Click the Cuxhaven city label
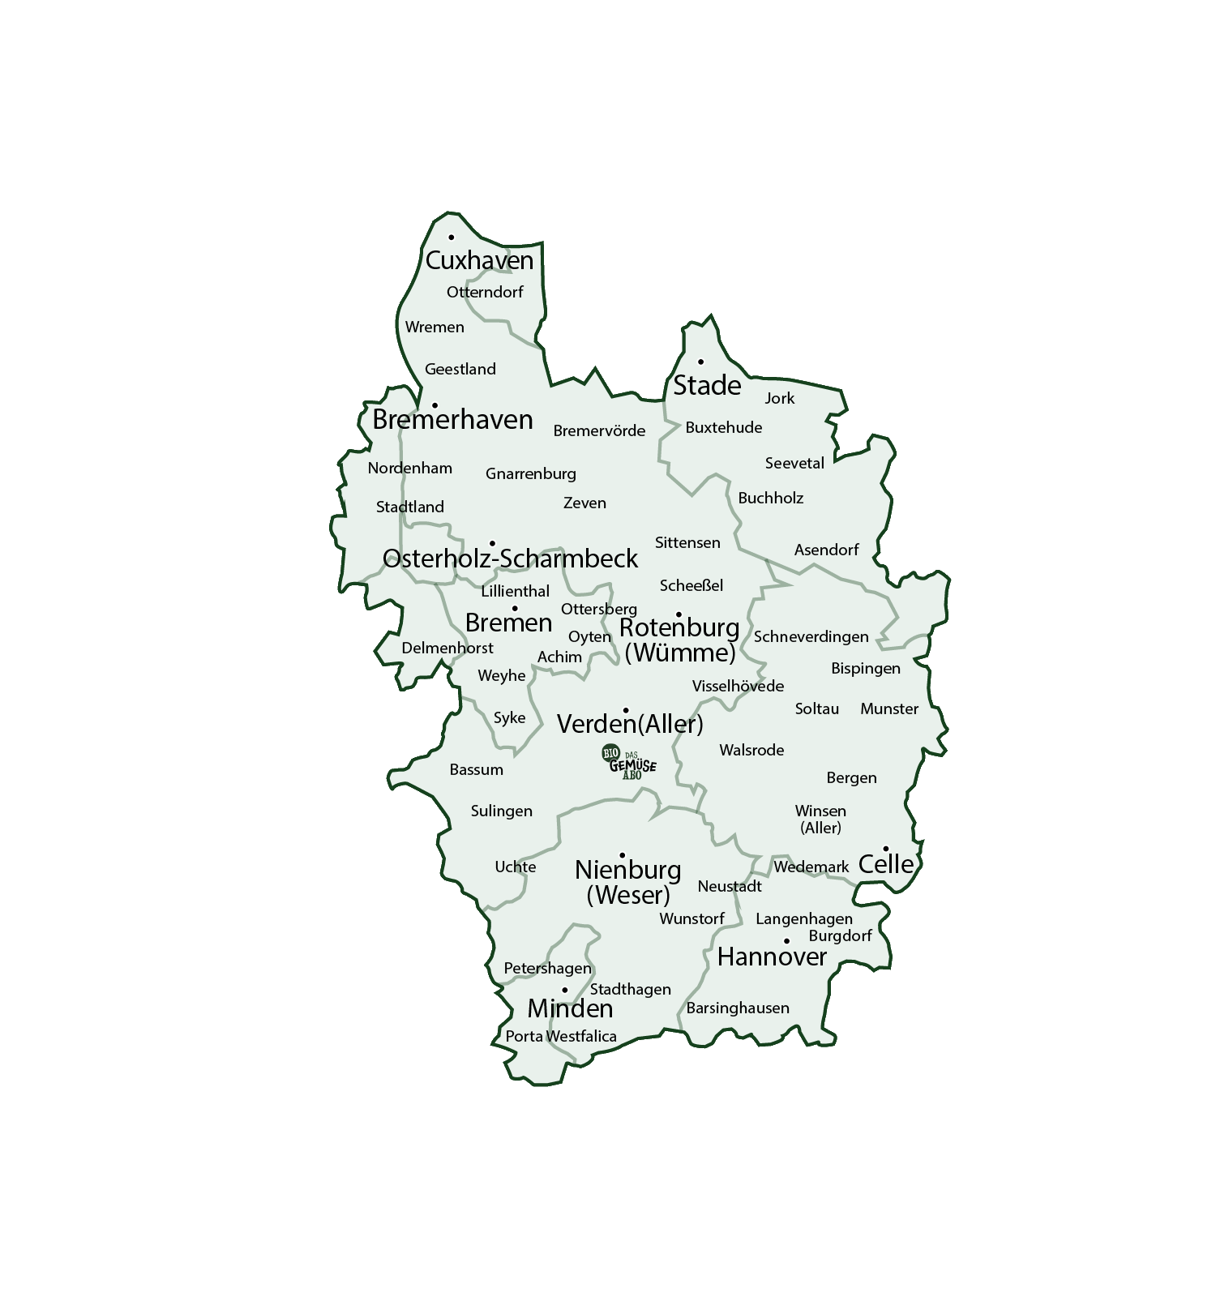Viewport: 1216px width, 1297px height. pyautogui.click(x=479, y=260)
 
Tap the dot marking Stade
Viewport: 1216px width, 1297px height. pyautogui.click(x=701, y=362)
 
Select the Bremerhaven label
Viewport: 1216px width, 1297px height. pyautogui.click(x=452, y=419)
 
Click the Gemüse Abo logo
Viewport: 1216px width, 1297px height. pyautogui.click(x=629, y=763)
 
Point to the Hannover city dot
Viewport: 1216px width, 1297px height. pyautogui.click(x=786, y=941)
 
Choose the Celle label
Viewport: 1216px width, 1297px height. pyautogui.click(x=886, y=864)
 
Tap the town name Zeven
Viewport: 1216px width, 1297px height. pyautogui.click(x=584, y=503)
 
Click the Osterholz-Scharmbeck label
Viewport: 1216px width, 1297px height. pyautogui.click(x=510, y=559)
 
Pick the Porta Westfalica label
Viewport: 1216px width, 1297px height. pyautogui.click(x=561, y=1036)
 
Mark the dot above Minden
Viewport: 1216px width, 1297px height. pyautogui.click(x=565, y=990)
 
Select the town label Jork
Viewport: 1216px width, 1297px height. pyautogui.click(x=780, y=398)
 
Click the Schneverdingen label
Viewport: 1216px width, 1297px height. pyautogui.click(x=811, y=636)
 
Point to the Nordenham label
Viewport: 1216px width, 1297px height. pyautogui.click(x=409, y=468)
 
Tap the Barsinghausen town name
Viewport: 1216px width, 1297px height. pyautogui.click(x=738, y=1008)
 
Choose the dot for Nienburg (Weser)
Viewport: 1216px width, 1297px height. pyautogui.click(x=623, y=855)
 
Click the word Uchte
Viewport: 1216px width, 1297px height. pyautogui.click(x=516, y=867)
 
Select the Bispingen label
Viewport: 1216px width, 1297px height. pyautogui.click(x=866, y=668)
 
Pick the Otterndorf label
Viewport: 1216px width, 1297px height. pyautogui.click(x=485, y=292)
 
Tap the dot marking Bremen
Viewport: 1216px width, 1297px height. pyautogui.click(x=514, y=609)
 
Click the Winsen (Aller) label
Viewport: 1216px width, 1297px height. pyautogui.click(x=820, y=819)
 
